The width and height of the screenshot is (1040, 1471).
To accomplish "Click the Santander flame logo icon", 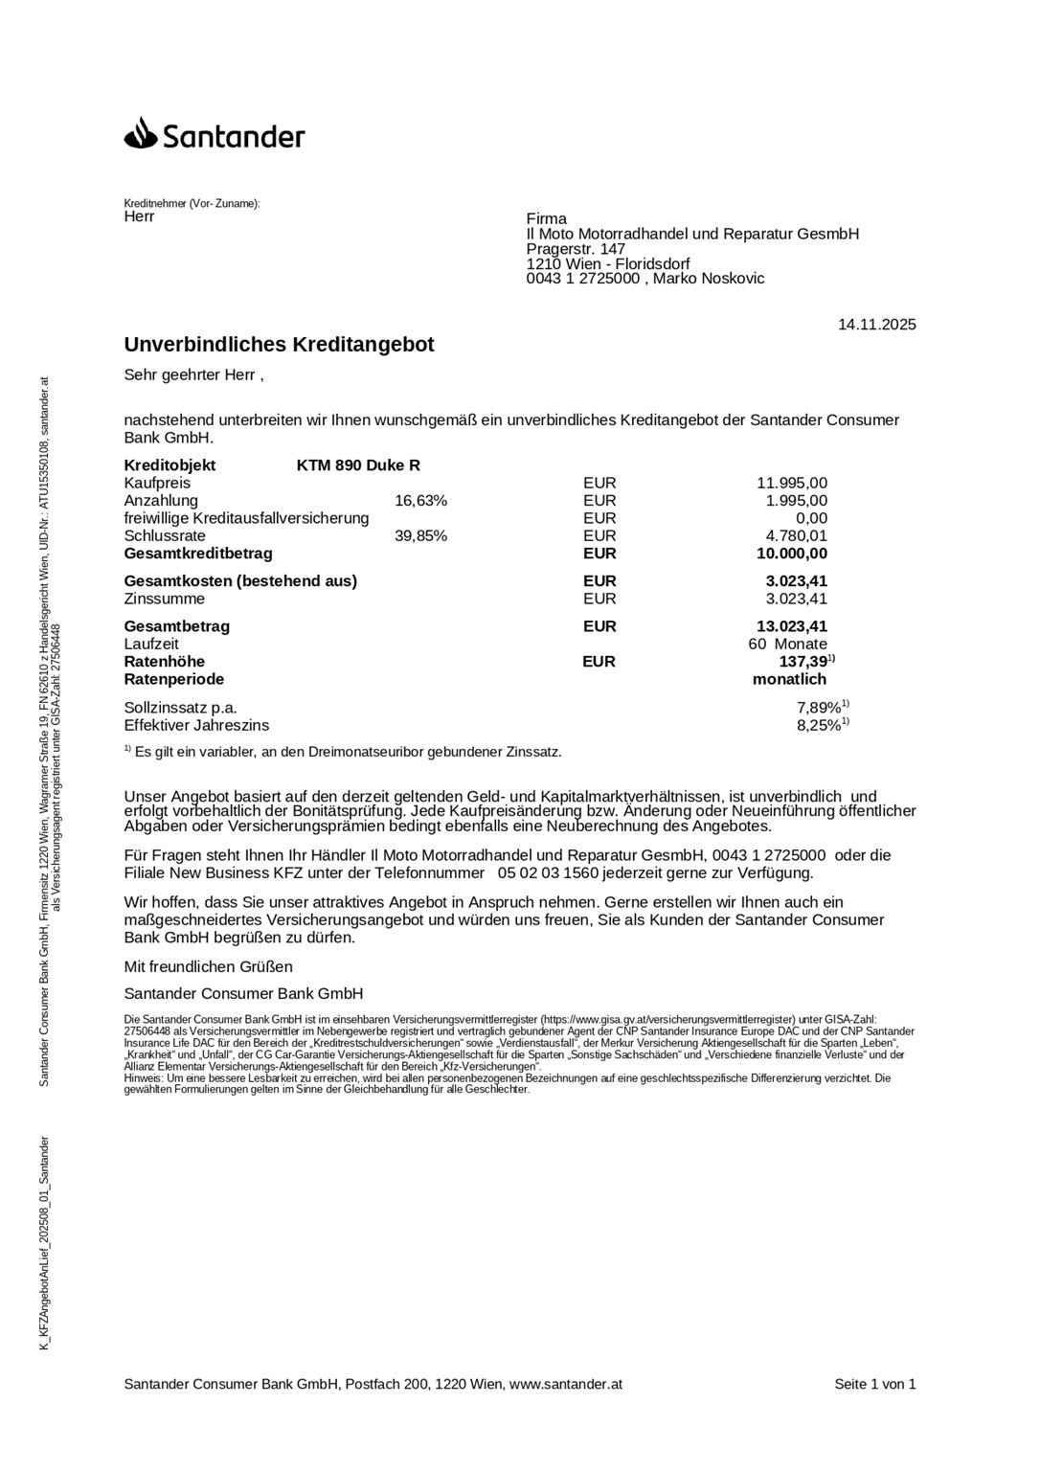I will (140, 133).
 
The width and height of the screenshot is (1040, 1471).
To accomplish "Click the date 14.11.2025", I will (876, 325).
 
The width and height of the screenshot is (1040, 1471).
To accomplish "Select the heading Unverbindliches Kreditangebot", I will (279, 345).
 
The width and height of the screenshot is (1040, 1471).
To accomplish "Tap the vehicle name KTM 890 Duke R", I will (358, 465).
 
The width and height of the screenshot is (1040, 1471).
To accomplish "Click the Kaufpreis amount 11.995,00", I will (792, 484).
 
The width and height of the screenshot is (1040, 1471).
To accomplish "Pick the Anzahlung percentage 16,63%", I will (420, 501).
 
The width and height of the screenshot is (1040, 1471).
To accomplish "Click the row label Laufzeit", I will (150, 645).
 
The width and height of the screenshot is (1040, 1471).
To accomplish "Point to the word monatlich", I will (789, 679).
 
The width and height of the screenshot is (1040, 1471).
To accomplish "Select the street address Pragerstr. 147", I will (576, 249).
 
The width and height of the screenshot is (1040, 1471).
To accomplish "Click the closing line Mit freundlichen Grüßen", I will (209, 966).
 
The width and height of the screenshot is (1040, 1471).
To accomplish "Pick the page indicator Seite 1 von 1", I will (874, 1384).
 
